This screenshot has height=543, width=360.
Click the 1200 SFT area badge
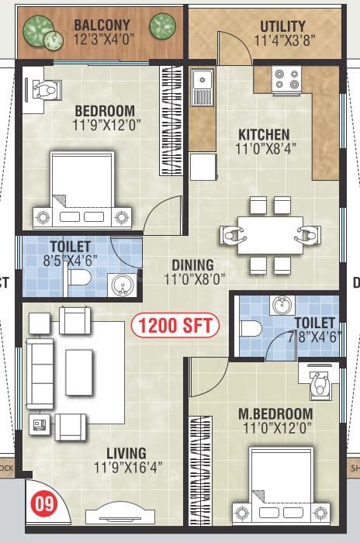point(175,324)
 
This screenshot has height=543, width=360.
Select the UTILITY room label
point(282,26)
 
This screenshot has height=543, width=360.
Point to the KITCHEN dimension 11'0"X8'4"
point(264,149)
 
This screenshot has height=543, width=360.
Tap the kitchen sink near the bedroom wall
point(202,80)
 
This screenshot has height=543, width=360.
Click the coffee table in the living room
point(79,373)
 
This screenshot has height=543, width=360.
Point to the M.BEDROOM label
point(275,413)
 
